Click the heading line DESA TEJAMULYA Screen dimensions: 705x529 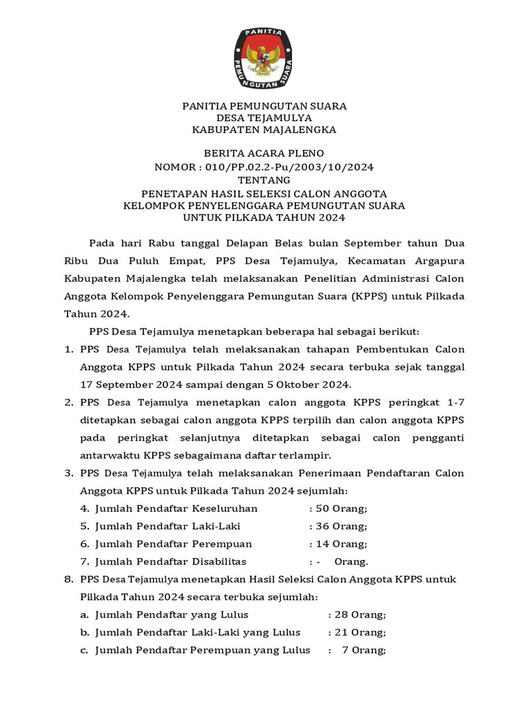coord(264,118)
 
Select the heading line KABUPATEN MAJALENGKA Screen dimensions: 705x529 coord(264,129)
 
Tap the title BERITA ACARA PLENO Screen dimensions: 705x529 coord(264,153)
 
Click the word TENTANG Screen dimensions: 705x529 coord(264,180)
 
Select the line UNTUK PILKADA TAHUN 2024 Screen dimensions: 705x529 coord(264,218)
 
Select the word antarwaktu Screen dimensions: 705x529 coord(110,455)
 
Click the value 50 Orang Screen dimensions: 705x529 coord(341,508)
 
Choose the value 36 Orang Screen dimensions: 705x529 coord(341,526)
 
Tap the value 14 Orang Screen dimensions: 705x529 coord(341,544)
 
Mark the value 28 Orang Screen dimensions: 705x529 coord(360,614)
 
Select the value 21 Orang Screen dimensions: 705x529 coord(360,632)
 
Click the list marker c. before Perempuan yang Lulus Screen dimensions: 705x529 coord(84,650)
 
